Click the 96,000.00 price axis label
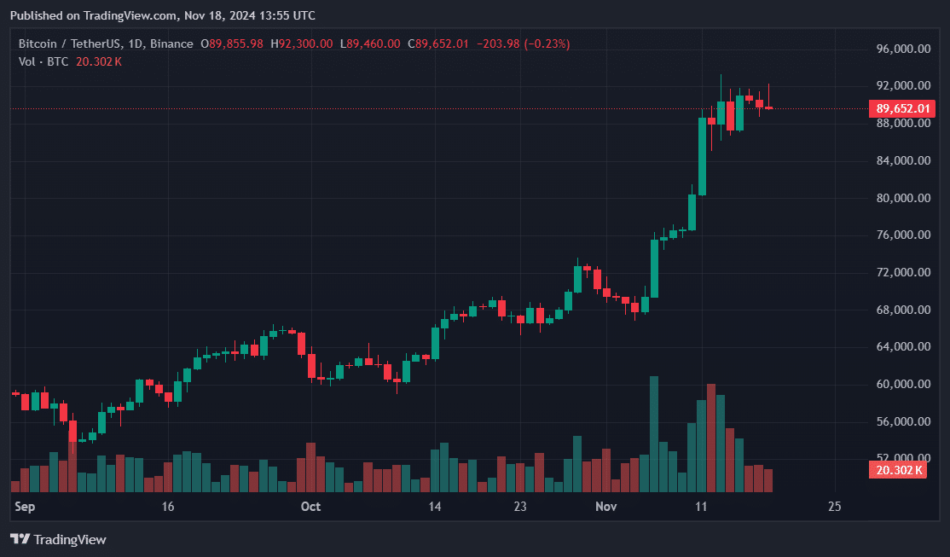pyautogui.click(x=903, y=49)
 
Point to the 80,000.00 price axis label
pyautogui.click(x=903, y=198)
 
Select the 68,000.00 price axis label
pyautogui.click(x=903, y=310)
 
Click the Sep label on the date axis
pyautogui.click(x=25, y=507)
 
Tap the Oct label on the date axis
pyautogui.click(x=310, y=507)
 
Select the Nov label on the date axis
pyautogui.click(x=605, y=507)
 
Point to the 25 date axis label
pyautogui.click(x=834, y=507)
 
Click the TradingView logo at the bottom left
pyautogui.click(x=58, y=539)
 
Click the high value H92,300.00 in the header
pyautogui.click(x=301, y=44)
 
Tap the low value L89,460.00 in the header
pyautogui.click(x=369, y=44)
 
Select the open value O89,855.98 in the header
pyautogui.click(x=232, y=44)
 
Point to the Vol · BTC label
pyautogui.click(x=44, y=61)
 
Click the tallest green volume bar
pyautogui.click(x=654, y=434)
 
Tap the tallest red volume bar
pyautogui.click(x=711, y=438)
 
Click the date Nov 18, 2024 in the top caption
pyautogui.click(x=221, y=15)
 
